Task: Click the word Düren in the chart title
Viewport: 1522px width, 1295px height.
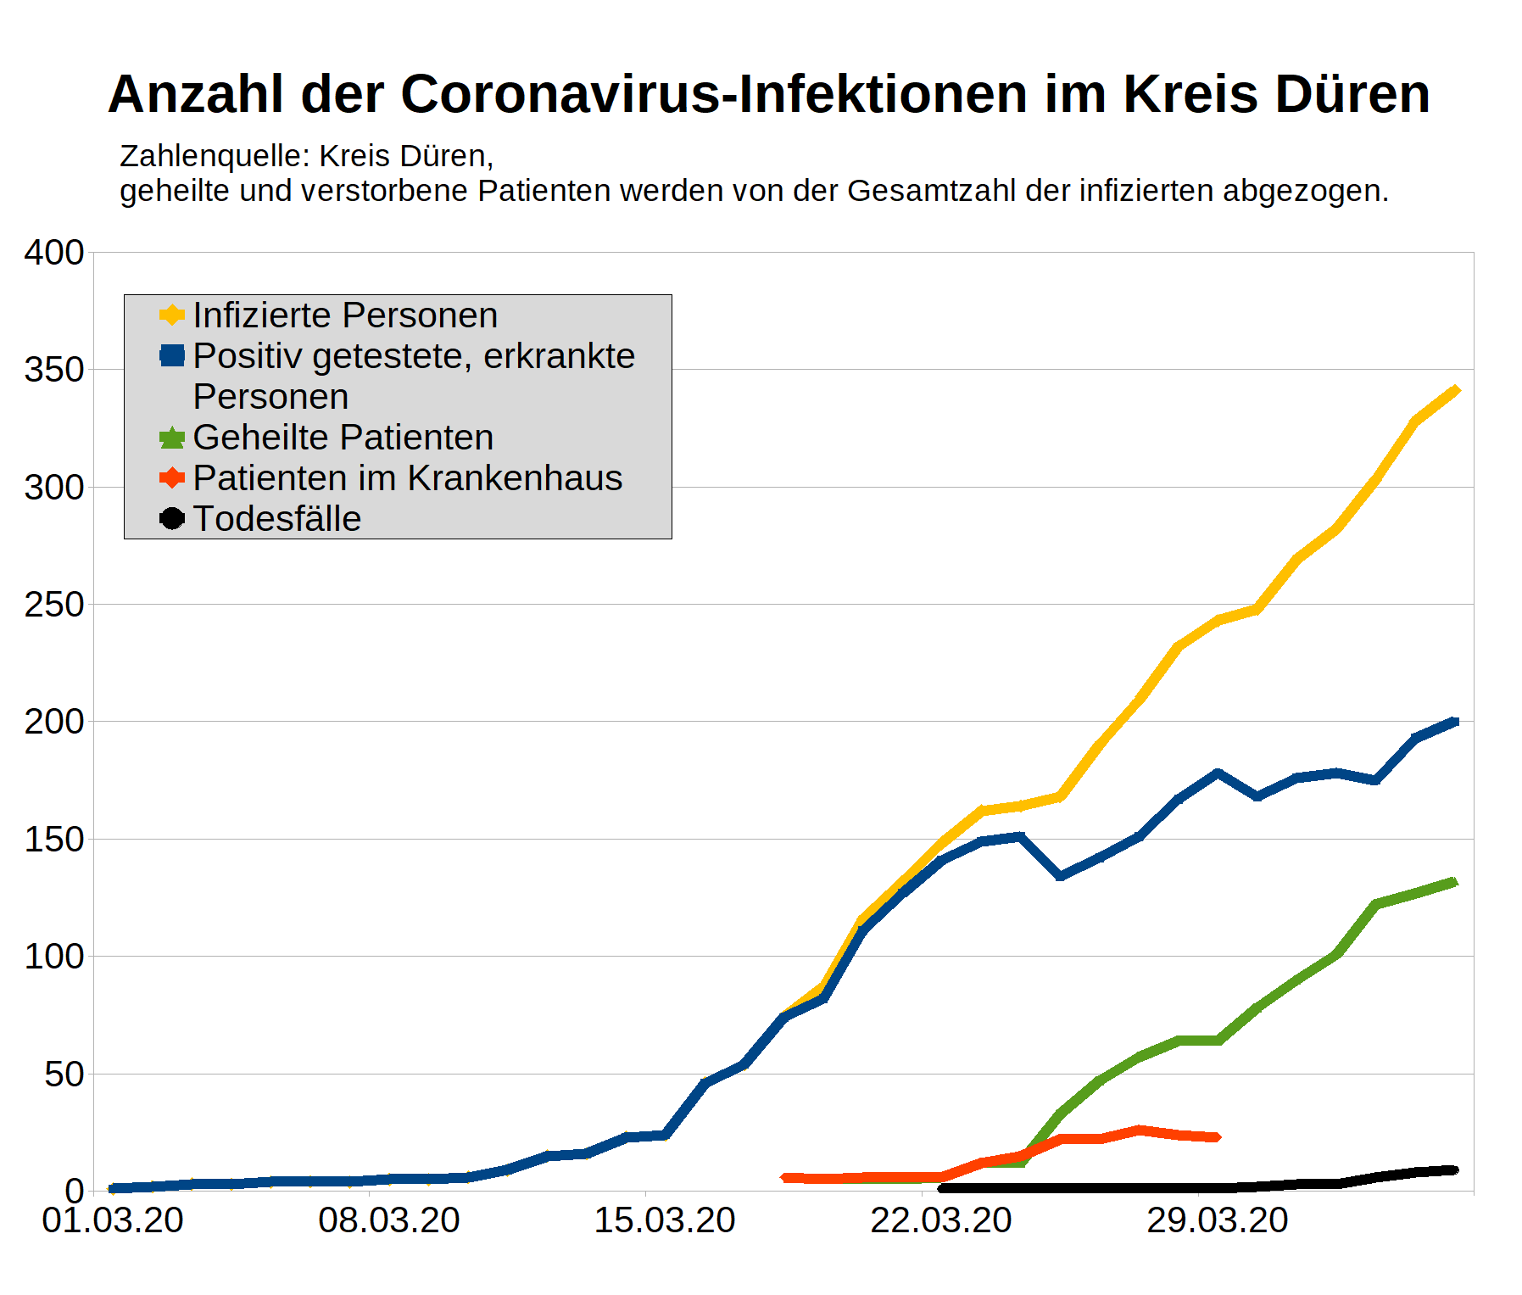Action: [x=1352, y=93]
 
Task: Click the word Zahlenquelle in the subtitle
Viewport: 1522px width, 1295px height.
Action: [x=214, y=156]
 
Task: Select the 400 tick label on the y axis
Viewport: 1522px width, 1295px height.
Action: [x=54, y=253]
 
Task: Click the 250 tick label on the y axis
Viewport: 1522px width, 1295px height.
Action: [x=54, y=605]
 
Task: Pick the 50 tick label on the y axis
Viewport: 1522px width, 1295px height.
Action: [x=64, y=1075]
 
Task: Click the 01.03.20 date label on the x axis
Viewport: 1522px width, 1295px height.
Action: [x=113, y=1221]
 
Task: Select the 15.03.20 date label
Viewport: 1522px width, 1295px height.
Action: [x=665, y=1221]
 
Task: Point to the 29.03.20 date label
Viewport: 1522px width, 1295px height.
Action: [x=1218, y=1221]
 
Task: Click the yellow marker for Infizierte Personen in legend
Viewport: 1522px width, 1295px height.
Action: [x=172, y=315]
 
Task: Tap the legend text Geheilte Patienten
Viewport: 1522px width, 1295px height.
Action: [x=343, y=438]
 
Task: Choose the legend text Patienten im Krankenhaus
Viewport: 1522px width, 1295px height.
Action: [x=407, y=478]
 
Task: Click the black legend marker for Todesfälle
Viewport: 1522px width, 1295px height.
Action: [x=172, y=518]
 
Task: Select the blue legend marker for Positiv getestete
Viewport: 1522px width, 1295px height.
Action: [x=172, y=356]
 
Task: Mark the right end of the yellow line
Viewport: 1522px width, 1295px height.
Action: [x=1455, y=391]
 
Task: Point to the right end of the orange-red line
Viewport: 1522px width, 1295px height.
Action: [x=1217, y=1137]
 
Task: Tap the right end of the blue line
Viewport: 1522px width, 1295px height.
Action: [x=1455, y=722]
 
